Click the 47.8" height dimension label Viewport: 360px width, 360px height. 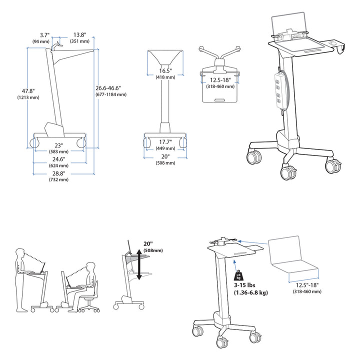click(x=28, y=91)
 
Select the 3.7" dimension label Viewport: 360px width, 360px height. click(x=44, y=35)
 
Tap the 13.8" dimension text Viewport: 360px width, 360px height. click(x=79, y=35)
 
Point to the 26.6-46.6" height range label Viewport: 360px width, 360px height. click(x=108, y=88)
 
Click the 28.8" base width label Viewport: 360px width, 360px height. click(x=59, y=173)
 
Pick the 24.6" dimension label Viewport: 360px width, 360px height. click(x=59, y=159)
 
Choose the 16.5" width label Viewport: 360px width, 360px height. click(x=165, y=71)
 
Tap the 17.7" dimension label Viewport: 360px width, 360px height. click(x=165, y=142)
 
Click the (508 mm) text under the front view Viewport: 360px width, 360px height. click(x=165, y=163)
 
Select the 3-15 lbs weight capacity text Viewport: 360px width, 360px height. click(x=244, y=285)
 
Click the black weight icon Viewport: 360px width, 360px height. click(x=238, y=275)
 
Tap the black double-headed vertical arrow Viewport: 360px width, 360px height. click(x=139, y=264)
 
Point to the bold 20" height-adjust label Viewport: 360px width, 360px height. click(x=148, y=244)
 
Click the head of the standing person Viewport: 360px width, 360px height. click(x=20, y=253)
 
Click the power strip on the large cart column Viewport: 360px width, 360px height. click(x=278, y=90)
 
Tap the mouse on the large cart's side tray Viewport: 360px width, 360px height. click(x=333, y=43)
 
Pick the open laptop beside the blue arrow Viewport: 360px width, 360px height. click(x=293, y=259)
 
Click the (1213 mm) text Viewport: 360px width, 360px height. click(x=28, y=97)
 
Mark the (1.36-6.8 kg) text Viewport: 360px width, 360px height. click(x=251, y=292)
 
